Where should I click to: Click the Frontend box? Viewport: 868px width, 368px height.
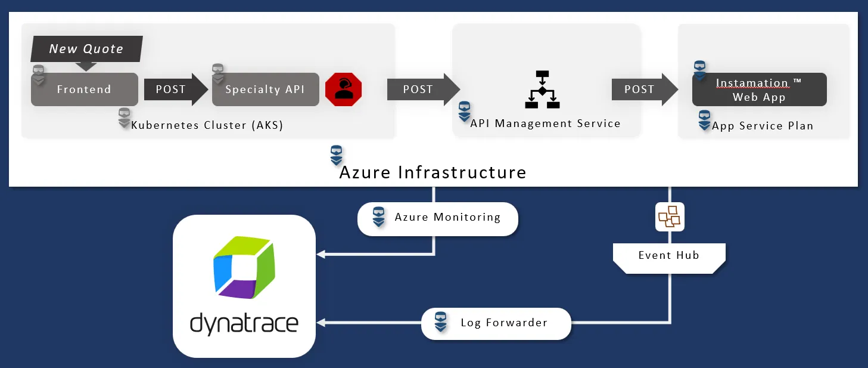84,89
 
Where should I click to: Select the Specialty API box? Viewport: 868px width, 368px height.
265,89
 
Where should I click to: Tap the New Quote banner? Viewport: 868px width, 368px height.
86,49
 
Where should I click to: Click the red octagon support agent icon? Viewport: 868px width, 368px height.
343,89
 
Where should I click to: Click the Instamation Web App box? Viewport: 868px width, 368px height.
759,90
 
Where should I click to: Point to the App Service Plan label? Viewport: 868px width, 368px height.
763,126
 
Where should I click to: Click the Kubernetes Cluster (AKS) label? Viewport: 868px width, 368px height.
207,125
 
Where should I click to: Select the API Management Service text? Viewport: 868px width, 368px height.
545,123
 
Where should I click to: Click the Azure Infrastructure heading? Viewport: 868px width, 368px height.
433,172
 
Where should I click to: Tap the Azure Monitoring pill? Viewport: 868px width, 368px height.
438,217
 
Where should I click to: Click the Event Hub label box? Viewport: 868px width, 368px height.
668,256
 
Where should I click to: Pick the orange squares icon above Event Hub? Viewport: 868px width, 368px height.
669,217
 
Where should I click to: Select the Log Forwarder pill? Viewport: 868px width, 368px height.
496,323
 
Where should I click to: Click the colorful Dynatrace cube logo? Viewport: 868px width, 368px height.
244,268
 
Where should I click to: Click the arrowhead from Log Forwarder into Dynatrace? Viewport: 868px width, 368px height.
321,323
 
